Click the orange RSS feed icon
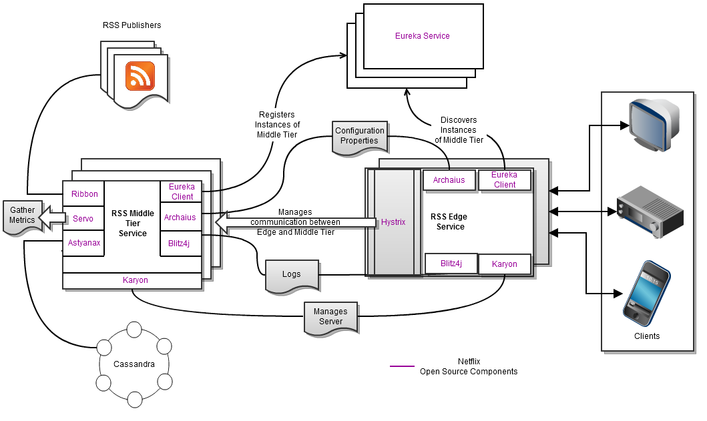(x=140, y=75)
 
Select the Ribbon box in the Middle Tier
(x=84, y=194)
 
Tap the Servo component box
(x=83, y=218)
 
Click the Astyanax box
(x=84, y=243)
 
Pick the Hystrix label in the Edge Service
(x=394, y=222)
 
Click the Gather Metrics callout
(x=22, y=215)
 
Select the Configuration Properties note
(x=360, y=136)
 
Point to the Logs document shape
(x=291, y=274)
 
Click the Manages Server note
(x=330, y=316)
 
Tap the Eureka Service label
(x=423, y=35)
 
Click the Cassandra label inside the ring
(x=134, y=364)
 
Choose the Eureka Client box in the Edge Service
(x=505, y=180)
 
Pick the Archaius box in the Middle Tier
(x=180, y=218)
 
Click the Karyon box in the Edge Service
(x=505, y=264)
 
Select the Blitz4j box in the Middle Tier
(x=180, y=243)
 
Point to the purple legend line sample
(x=402, y=366)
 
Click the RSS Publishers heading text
(x=132, y=25)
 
